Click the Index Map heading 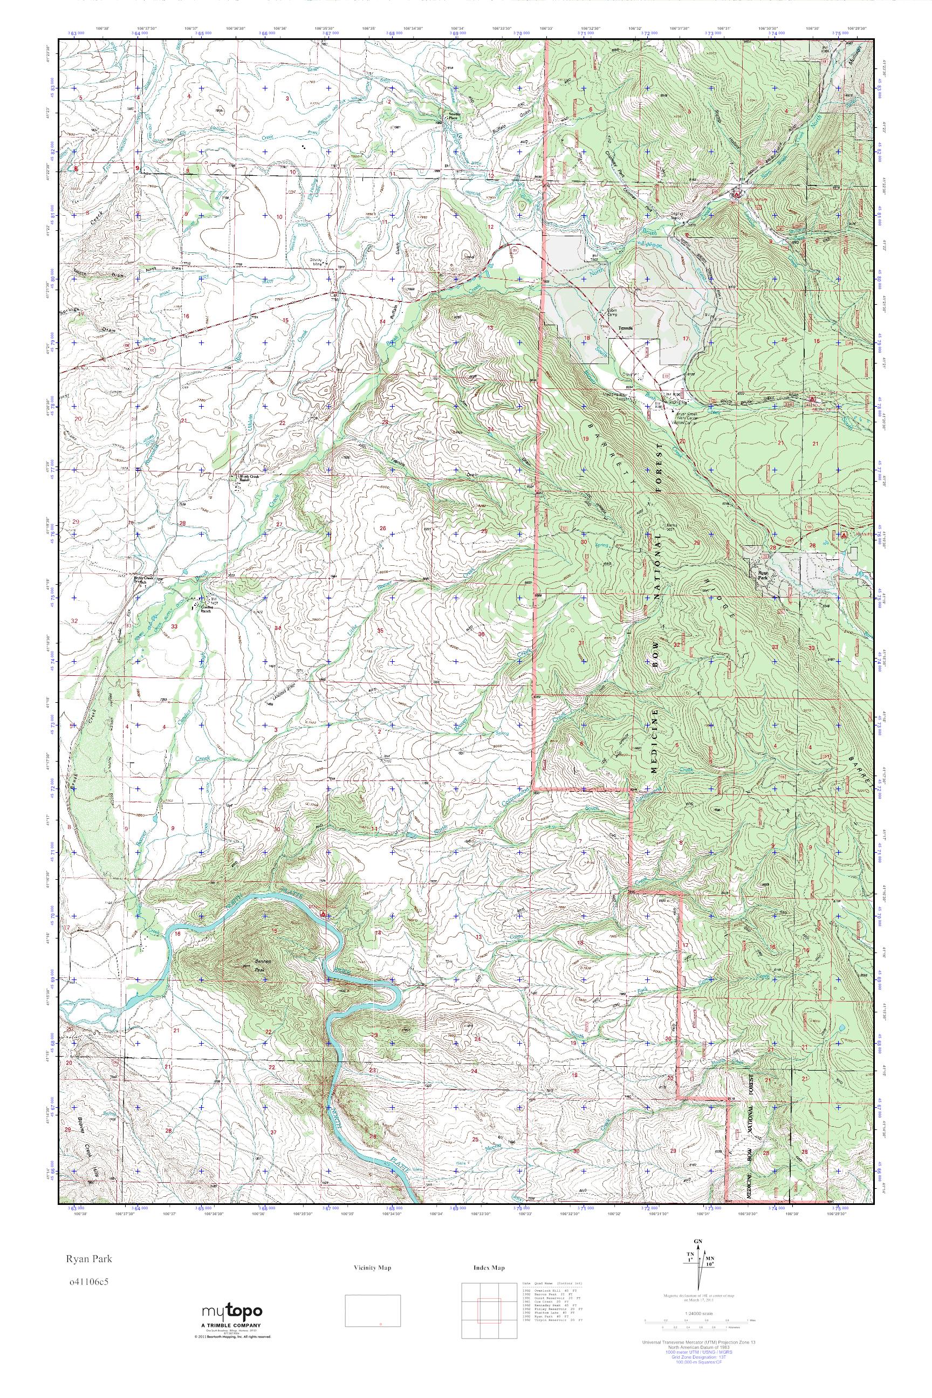(489, 1268)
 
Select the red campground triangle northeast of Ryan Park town (843, 534)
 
